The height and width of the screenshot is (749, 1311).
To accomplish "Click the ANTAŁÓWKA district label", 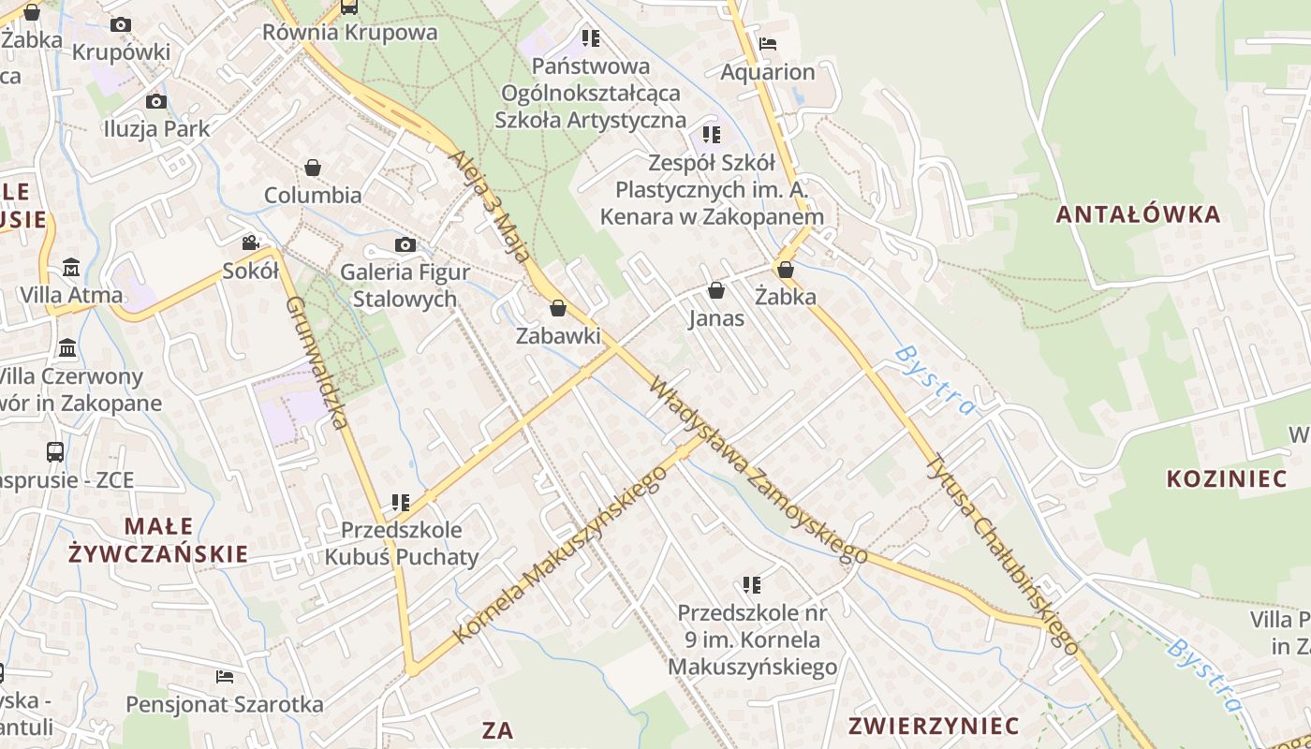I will tap(1138, 214).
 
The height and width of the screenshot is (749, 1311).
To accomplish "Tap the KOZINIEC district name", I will tap(1226, 479).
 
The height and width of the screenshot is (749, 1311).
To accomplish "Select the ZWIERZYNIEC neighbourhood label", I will tap(933, 726).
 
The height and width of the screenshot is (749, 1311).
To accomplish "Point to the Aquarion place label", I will tap(767, 72).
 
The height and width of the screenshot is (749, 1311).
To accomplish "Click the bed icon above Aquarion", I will tap(768, 43).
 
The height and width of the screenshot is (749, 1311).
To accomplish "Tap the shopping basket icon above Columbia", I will tap(313, 168).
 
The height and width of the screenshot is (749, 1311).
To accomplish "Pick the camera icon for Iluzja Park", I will tap(156, 101).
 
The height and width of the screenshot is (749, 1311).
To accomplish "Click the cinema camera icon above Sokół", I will tap(250, 243).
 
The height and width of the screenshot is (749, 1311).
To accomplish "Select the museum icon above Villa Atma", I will tap(71, 268).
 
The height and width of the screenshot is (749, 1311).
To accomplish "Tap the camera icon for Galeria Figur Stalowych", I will tap(405, 245).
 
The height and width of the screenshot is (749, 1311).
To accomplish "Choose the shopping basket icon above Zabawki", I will tap(558, 308).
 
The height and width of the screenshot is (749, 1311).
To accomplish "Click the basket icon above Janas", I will tap(716, 290).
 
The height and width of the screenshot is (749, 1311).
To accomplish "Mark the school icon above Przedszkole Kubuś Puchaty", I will tap(401, 503).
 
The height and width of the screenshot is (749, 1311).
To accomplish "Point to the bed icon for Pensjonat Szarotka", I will tap(224, 676).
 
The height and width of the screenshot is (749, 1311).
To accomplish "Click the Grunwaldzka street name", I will tap(317, 362).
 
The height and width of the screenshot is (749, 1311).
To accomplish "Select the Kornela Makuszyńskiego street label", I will tap(560, 554).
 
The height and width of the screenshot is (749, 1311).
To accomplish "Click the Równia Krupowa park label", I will tap(349, 33).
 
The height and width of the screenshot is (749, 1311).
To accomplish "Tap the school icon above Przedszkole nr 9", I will tap(752, 585).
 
